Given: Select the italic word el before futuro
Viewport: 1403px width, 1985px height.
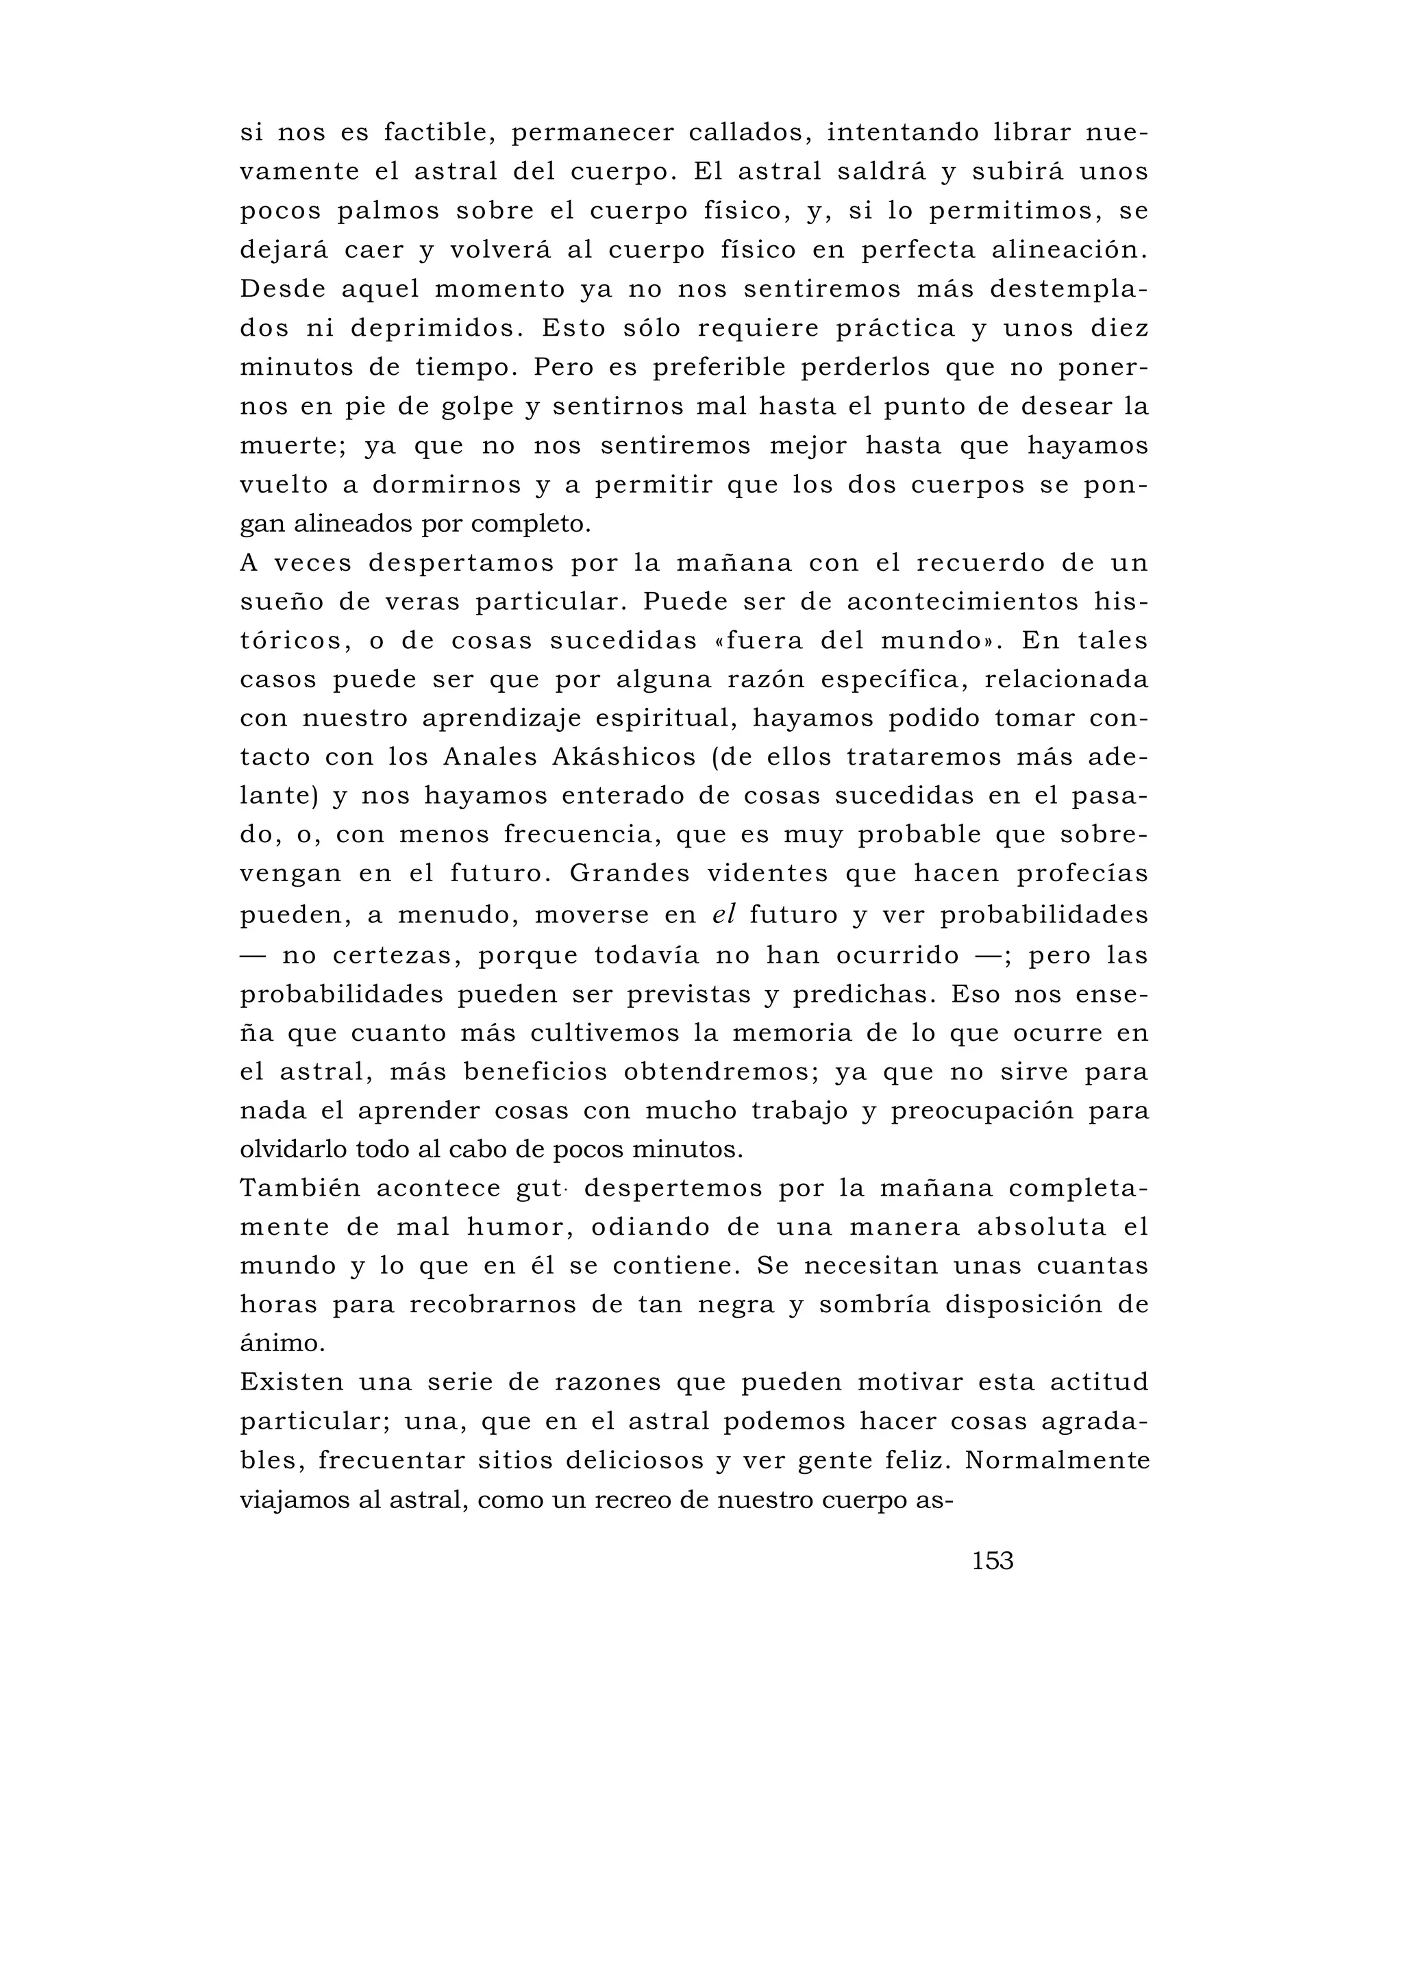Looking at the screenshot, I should (723, 915).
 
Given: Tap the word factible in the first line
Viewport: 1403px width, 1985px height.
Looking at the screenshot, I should (439, 133).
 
